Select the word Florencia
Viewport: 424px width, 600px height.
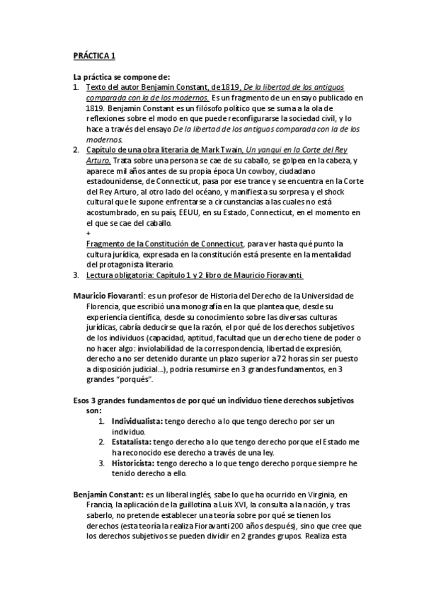91,305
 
